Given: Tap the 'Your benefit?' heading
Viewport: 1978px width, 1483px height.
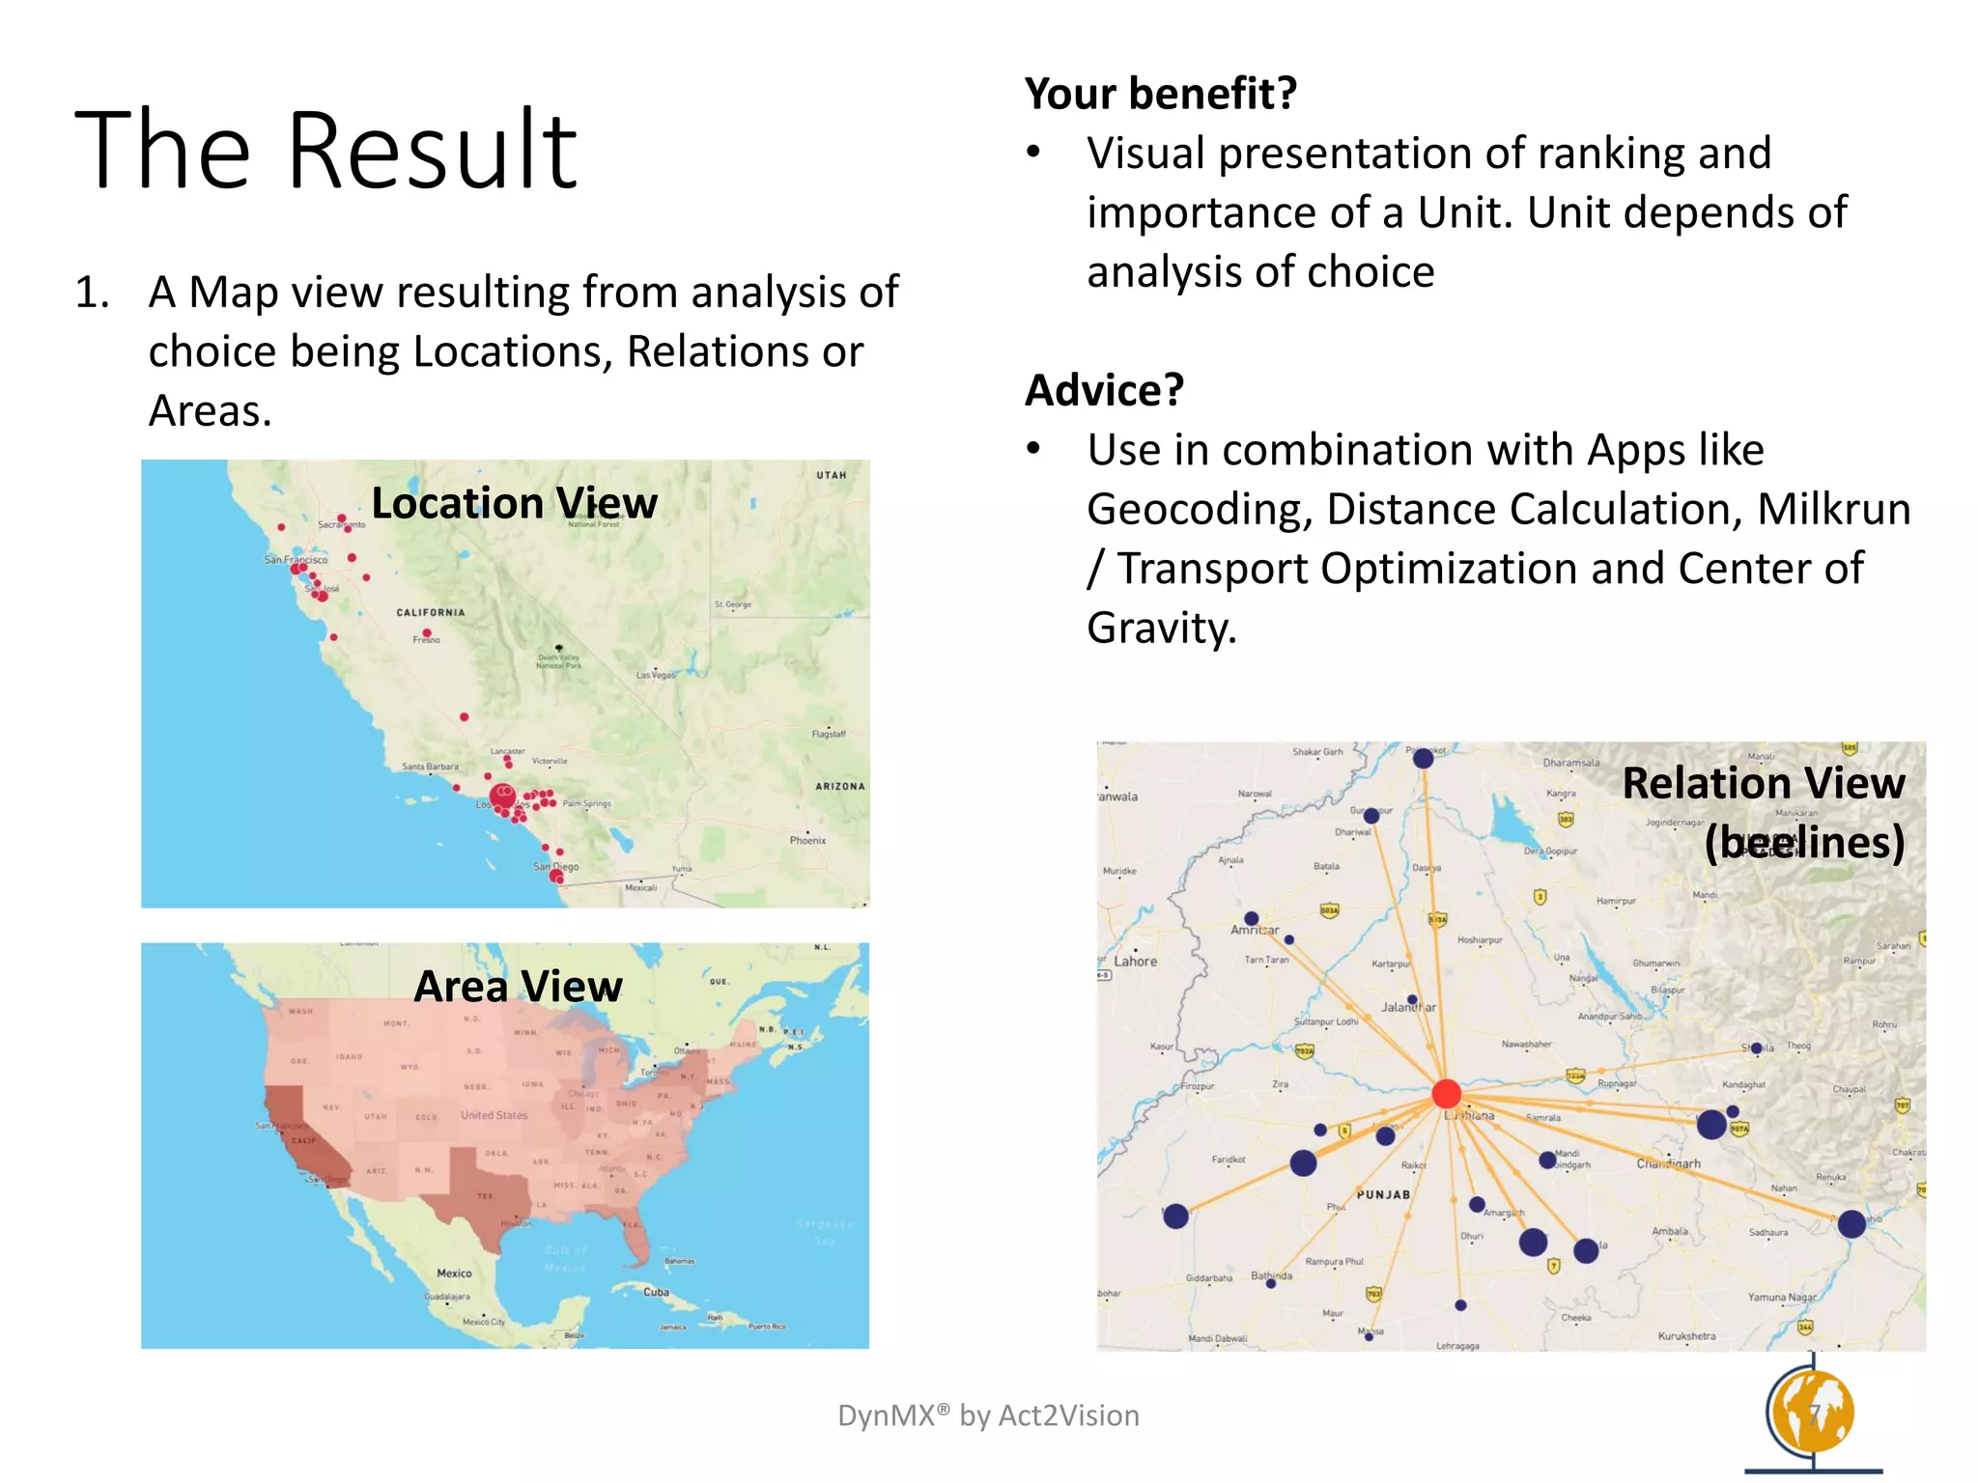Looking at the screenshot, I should coord(1160,94).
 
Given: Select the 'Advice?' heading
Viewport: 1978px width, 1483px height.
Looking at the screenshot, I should coord(1104,390).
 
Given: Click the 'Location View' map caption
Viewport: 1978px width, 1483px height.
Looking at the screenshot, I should coord(514,503).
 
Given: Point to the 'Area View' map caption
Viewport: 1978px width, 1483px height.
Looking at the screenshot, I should coord(518,987).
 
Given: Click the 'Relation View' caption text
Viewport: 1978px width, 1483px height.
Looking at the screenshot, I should coord(1763,783).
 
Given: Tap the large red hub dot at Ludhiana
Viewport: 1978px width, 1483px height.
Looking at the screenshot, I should coord(1446,1094).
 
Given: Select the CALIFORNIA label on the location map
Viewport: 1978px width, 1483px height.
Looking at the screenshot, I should coord(431,612).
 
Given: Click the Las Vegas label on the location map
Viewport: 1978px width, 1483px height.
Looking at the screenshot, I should coord(656,675).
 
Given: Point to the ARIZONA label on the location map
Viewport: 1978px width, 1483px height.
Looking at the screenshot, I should coord(839,786).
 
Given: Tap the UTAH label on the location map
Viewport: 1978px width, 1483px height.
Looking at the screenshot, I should coord(831,475).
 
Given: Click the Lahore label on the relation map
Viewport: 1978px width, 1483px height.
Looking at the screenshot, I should coord(1135,962).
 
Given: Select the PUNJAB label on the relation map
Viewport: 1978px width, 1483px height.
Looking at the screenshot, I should coord(1383,1194).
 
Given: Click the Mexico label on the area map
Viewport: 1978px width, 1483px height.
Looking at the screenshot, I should coord(454,1273).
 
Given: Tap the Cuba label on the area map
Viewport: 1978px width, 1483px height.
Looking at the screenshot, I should coord(656,1292).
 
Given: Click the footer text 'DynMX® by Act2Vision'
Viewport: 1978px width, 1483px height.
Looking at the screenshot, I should coord(988,1415).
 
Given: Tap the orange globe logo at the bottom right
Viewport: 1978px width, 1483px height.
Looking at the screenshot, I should coord(1812,1413).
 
